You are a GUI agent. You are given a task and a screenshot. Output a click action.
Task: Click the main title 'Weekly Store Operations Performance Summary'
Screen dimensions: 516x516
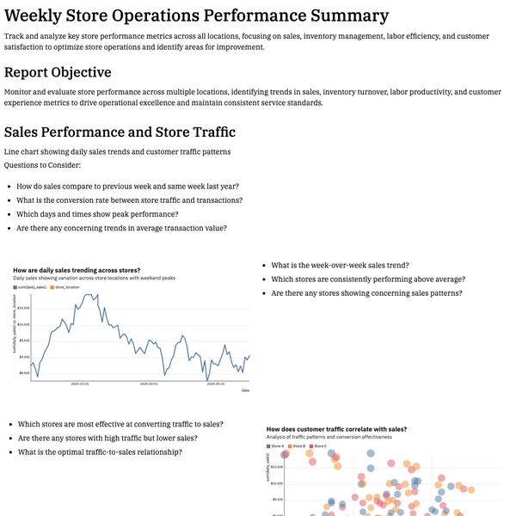(196, 15)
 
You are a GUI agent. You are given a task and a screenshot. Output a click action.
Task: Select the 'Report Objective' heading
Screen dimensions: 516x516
(58, 72)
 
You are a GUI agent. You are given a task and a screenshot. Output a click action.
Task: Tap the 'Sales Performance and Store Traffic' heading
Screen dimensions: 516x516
(120, 132)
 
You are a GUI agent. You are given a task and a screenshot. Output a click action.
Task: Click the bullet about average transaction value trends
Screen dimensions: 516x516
(122, 228)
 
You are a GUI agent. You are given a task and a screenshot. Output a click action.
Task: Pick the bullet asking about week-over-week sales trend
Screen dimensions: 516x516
(340, 265)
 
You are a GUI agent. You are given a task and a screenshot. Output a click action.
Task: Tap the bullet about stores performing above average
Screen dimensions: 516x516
(368, 279)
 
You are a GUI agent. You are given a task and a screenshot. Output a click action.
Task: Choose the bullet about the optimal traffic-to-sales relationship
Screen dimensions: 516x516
(100, 451)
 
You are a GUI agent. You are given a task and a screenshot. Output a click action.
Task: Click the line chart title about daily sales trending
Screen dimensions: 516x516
(77, 271)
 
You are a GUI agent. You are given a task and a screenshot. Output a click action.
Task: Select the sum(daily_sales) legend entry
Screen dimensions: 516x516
(34, 286)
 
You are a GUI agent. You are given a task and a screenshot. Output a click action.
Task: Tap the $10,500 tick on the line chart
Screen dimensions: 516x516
(24, 307)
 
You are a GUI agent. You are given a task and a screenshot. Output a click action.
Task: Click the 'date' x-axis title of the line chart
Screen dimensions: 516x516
(245, 390)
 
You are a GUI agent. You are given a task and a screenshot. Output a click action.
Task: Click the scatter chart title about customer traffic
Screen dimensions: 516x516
(336, 428)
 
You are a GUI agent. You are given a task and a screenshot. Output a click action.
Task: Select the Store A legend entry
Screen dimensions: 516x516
(277, 445)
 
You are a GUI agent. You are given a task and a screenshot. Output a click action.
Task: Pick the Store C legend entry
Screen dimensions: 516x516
(320, 445)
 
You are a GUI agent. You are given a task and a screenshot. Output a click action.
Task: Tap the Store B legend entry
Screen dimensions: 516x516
(298, 445)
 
